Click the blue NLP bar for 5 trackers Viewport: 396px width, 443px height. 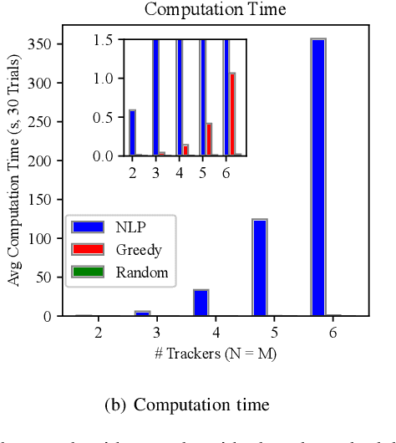coord(259,267)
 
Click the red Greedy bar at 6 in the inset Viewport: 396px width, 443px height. coord(232,114)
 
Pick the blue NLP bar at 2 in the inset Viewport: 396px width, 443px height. coord(132,132)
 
